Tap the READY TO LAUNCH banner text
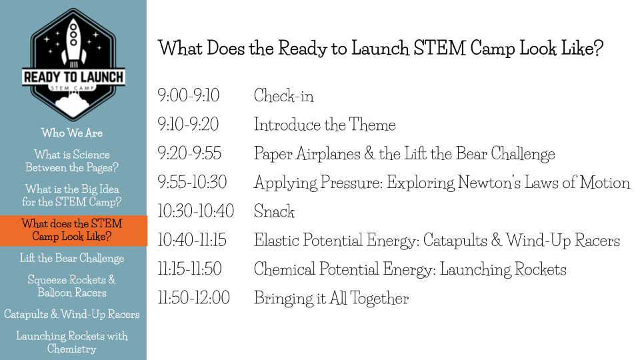tap(74, 77)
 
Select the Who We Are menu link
tap(72, 133)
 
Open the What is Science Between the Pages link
tap(72, 161)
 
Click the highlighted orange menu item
tap(73, 231)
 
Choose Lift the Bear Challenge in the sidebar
tap(72, 259)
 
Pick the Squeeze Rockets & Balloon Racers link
tap(72, 286)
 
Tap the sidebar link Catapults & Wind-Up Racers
tap(72, 314)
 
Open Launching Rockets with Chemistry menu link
tap(72, 343)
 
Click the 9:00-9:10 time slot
tap(189, 95)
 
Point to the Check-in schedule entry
tap(284, 96)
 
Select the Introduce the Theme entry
tap(325, 125)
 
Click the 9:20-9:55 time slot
tap(189, 153)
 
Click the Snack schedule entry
tap(274, 211)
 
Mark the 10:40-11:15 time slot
tap(192, 240)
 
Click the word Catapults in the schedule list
tap(455, 241)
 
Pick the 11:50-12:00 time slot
tap(194, 298)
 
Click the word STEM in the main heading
tap(439, 48)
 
